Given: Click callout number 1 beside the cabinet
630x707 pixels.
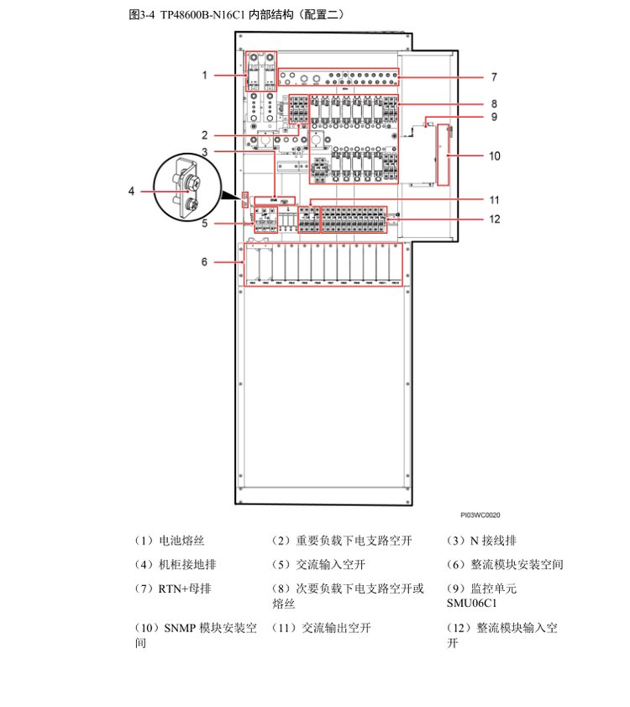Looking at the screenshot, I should [204, 76].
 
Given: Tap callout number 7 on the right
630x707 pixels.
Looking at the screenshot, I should [494, 77].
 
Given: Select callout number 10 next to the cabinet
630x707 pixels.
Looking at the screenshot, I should [495, 156].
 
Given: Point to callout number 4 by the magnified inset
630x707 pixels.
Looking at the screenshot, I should [131, 192].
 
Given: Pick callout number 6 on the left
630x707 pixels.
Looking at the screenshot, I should [204, 262].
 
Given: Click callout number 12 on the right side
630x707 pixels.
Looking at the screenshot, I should [495, 219].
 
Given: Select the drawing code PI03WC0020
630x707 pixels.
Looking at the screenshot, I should [480, 514].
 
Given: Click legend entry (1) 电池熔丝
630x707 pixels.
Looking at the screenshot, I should [170, 541].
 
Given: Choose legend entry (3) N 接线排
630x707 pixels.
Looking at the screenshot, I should [480, 541].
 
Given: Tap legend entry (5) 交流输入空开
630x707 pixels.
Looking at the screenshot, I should [318, 565].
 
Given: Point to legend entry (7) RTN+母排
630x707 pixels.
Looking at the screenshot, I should [170, 588].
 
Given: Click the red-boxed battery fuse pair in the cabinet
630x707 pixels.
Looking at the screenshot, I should [261, 70].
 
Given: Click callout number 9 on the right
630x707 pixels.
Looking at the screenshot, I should [495, 117].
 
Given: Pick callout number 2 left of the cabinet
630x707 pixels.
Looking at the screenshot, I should [204, 135].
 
